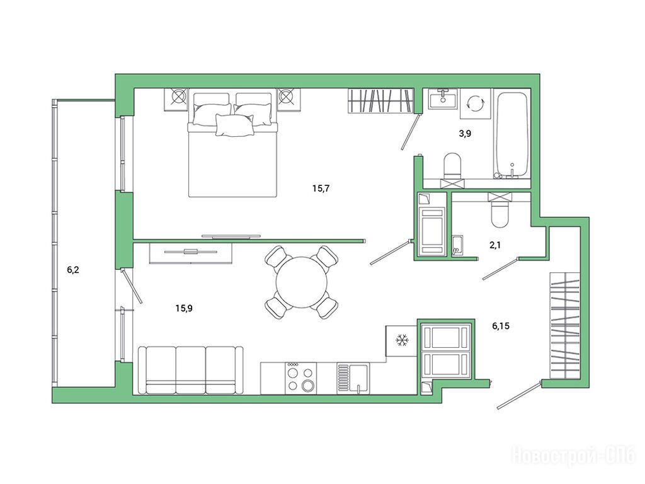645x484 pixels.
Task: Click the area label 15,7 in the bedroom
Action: point(321,189)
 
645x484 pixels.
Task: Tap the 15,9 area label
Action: point(184,308)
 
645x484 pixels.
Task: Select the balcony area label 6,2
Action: point(73,270)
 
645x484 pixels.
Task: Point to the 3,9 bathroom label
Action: point(465,134)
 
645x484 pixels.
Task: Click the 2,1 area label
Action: point(495,245)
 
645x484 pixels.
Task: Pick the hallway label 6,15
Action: point(501,326)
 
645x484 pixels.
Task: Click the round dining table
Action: point(302,282)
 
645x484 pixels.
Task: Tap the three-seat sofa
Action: point(190,371)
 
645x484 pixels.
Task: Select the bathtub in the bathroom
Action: point(511,135)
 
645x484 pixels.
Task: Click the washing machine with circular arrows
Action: point(476,103)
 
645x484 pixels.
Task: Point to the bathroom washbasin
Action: point(443,99)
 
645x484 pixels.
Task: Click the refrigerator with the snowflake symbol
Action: point(401,341)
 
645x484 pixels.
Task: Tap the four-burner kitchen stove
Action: point(300,378)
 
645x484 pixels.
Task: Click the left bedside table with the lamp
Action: point(176,99)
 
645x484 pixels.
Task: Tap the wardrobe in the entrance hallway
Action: point(565,326)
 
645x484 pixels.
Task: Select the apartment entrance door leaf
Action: point(518,396)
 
